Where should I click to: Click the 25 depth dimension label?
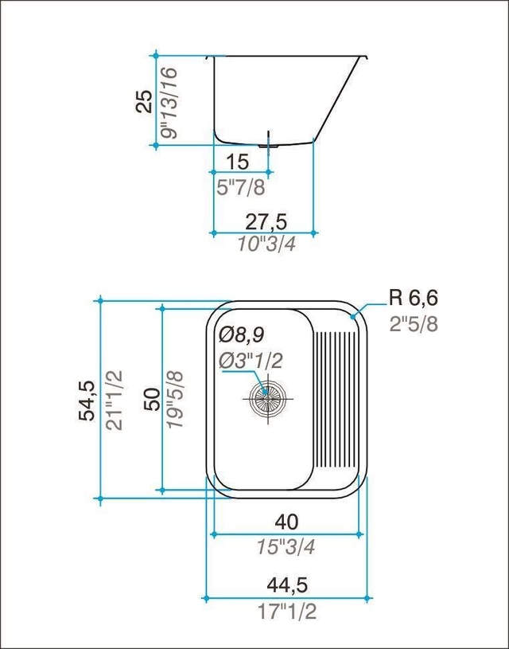tap(144, 101)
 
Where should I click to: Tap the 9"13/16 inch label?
tap(169, 103)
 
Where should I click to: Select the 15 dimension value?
tap(237, 162)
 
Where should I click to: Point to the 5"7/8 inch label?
tap(241, 188)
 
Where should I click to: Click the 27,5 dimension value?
tap(266, 222)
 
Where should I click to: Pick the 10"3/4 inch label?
tap(266, 244)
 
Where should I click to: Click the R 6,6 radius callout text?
tap(413, 298)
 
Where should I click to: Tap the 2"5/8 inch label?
tap(414, 324)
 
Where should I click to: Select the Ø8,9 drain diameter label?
tap(242, 334)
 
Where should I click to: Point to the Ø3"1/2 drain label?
tap(251, 361)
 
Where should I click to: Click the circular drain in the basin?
tap(267, 399)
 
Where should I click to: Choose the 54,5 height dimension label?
tap(87, 401)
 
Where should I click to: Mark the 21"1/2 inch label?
tap(114, 400)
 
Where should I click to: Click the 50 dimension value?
tap(152, 399)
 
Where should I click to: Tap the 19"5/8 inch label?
tap(174, 400)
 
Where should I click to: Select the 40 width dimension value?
tap(286, 522)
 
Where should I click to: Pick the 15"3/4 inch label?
tap(286, 547)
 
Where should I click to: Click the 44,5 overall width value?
tap(287, 585)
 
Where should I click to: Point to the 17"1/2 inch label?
tap(287, 611)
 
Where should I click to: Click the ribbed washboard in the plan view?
tap(336, 399)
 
